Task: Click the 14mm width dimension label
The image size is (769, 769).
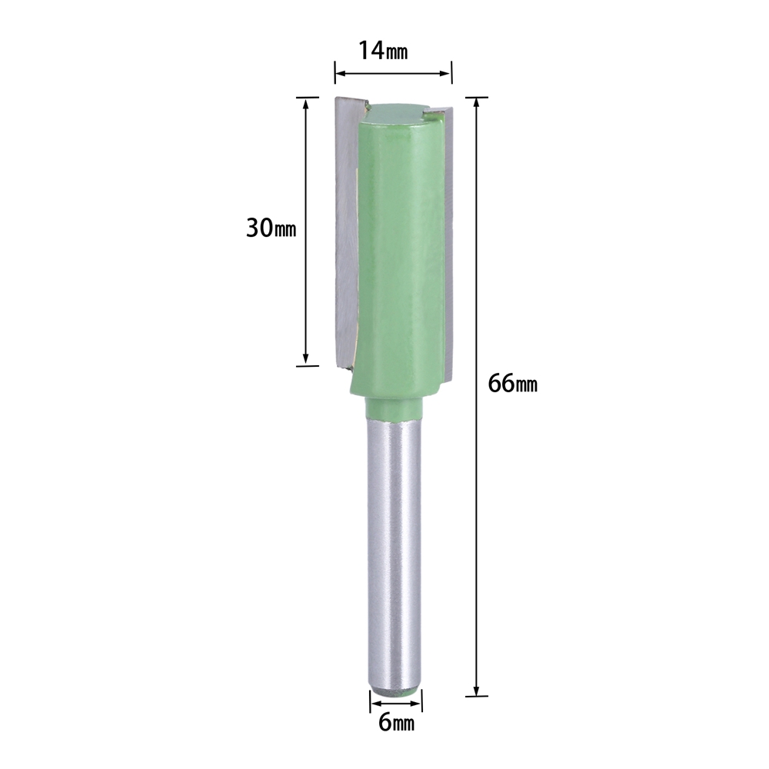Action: (x=383, y=50)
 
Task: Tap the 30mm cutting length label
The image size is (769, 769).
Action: (x=271, y=228)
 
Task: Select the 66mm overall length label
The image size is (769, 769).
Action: (x=512, y=384)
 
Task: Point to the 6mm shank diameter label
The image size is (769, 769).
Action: (x=396, y=722)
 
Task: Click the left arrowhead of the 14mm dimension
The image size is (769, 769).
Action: (x=341, y=74)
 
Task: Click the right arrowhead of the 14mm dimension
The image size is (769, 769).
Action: (x=445, y=74)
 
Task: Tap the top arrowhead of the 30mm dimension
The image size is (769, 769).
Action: (x=306, y=104)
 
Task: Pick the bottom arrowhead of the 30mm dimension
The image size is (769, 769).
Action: (x=306, y=358)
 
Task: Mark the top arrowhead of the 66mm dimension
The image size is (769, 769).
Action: (x=476, y=104)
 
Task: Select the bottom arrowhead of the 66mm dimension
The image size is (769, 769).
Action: (x=476, y=689)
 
